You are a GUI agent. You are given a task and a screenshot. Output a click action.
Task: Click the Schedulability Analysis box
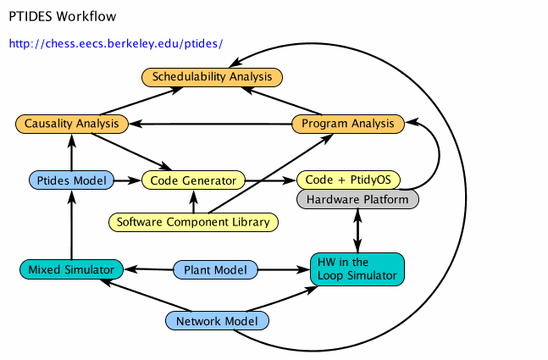coord(211,77)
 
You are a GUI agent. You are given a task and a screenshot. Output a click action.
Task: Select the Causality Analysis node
coord(71,125)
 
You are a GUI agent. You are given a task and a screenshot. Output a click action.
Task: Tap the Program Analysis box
coord(348,124)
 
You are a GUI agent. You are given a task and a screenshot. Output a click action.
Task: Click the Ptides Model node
coord(71,180)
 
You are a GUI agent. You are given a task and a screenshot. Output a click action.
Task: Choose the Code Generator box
coord(193,180)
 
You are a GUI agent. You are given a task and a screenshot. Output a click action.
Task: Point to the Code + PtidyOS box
coord(348,180)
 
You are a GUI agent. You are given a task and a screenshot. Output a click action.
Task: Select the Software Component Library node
coord(193,223)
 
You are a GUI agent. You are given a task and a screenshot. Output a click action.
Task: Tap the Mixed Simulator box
coord(71,270)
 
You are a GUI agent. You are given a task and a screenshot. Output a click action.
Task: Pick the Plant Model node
coord(215,270)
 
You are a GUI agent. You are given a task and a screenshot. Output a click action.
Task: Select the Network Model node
coord(217,321)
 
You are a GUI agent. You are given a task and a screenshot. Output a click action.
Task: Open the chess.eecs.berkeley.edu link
coord(116,43)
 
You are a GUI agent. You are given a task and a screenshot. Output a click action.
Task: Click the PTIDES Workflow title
coord(63,16)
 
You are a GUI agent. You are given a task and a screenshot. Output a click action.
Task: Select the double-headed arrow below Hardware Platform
coord(357,230)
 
